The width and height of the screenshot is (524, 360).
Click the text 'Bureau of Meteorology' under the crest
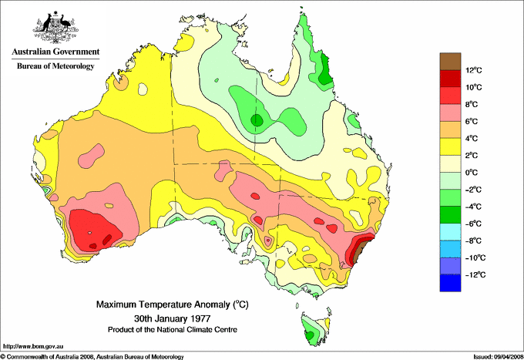pos(55,66)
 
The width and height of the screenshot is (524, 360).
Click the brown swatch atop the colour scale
pos(449,62)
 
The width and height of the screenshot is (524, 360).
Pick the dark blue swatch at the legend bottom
pos(449,283)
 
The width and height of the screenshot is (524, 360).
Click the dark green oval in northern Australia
pos(257,120)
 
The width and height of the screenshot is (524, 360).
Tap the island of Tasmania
pos(312,328)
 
